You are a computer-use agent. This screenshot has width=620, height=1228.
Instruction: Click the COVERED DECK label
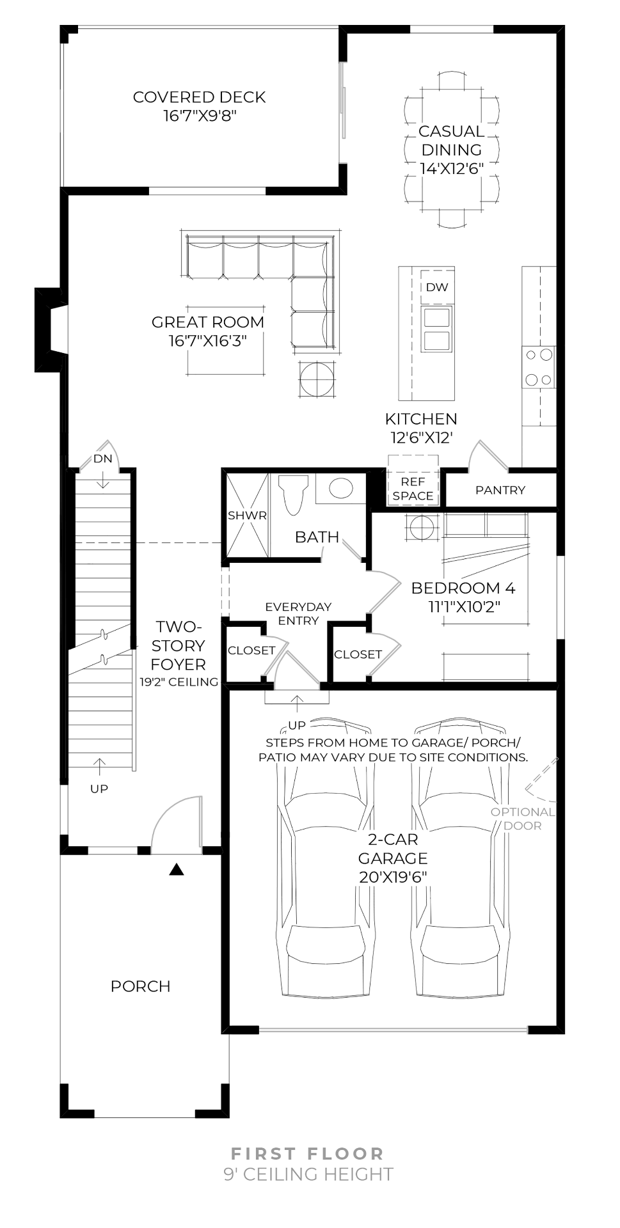[x=199, y=97]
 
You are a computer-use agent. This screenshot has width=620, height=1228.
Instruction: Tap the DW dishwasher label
[x=437, y=287]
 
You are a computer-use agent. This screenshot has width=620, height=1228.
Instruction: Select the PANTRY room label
[x=500, y=490]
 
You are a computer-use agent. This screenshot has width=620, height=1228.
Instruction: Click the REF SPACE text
[x=413, y=489]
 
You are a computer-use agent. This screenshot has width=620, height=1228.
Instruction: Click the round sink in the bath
[x=341, y=489]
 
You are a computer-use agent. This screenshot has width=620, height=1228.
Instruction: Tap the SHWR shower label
[x=247, y=516]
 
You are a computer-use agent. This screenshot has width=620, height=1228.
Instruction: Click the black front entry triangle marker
[x=177, y=870]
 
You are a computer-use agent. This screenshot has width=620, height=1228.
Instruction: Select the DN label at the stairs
[x=102, y=459]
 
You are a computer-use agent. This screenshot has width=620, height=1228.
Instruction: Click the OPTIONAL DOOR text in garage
[x=523, y=819]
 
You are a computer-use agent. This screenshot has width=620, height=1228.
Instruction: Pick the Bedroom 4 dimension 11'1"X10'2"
[x=464, y=606]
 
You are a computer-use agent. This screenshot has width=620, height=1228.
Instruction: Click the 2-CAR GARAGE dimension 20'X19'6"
[x=393, y=877]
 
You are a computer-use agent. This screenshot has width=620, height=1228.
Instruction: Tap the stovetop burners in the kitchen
[x=538, y=367]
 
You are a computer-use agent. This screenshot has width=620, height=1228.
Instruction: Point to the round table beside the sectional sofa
[x=317, y=379]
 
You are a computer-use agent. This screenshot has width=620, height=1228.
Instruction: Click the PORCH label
[x=140, y=986]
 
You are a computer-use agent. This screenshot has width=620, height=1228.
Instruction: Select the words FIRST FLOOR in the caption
[x=307, y=1153]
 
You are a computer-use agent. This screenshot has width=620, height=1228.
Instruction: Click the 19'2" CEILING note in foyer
[x=179, y=682]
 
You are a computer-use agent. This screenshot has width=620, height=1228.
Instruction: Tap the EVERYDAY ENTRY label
[x=298, y=613]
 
